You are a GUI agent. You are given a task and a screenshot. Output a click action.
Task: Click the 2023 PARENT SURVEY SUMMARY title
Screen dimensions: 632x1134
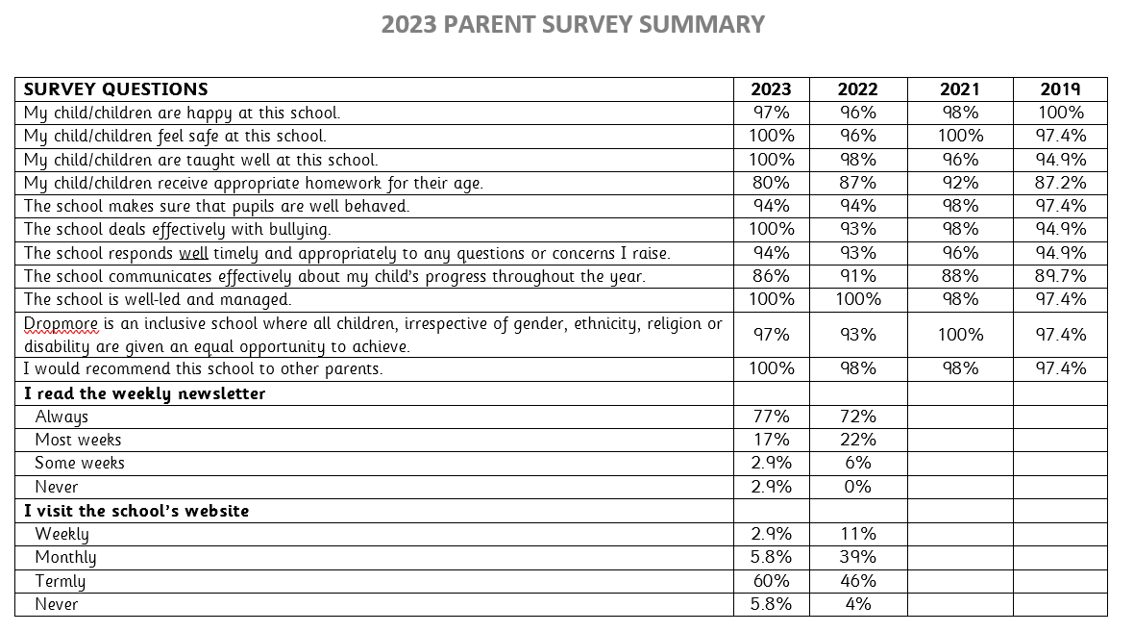(x=573, y=25)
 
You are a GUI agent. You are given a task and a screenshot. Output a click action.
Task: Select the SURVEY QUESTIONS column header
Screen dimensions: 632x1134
(x=115, y=89)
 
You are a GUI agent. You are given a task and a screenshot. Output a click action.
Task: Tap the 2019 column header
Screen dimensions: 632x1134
(x=1060, y=89)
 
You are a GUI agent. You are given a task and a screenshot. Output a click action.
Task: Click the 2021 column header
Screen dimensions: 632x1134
(x=959, y=89)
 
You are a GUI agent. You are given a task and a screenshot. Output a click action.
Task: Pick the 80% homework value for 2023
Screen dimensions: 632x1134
(x=771, y=183)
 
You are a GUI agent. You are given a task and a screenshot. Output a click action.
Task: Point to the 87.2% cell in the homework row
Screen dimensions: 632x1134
(x=1060, y=183)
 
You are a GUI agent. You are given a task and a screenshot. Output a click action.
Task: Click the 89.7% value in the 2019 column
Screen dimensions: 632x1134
(x=1060, y=276)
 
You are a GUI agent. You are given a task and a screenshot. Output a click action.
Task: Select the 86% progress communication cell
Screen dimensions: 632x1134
(x=771, y=276)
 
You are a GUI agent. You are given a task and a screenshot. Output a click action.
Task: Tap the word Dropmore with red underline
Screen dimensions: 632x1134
(x=62, y=324)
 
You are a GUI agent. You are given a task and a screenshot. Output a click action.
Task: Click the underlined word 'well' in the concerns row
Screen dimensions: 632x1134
(x=193, y=253)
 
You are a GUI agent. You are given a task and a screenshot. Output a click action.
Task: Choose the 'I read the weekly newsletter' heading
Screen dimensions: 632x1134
(x=144, y=393)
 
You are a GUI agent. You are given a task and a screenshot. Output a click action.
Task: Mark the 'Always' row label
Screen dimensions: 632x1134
(x=62, y=417)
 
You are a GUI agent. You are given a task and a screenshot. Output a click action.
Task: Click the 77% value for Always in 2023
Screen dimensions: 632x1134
(x=771, y=417)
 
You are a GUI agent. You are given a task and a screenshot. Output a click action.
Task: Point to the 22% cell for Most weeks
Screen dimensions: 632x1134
(x=857, y=440)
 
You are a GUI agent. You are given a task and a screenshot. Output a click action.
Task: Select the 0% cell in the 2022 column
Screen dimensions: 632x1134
(x=857, y=487)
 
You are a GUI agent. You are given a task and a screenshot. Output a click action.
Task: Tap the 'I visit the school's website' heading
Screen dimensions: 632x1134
(x=136, y=510)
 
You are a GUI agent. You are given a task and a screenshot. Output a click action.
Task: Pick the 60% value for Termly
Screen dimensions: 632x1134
(x=771, y=581)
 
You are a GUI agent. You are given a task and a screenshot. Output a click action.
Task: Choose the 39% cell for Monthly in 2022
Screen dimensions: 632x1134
(x=857, y=557)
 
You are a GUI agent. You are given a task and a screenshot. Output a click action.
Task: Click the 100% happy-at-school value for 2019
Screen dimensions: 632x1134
(x=1060, y=113)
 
